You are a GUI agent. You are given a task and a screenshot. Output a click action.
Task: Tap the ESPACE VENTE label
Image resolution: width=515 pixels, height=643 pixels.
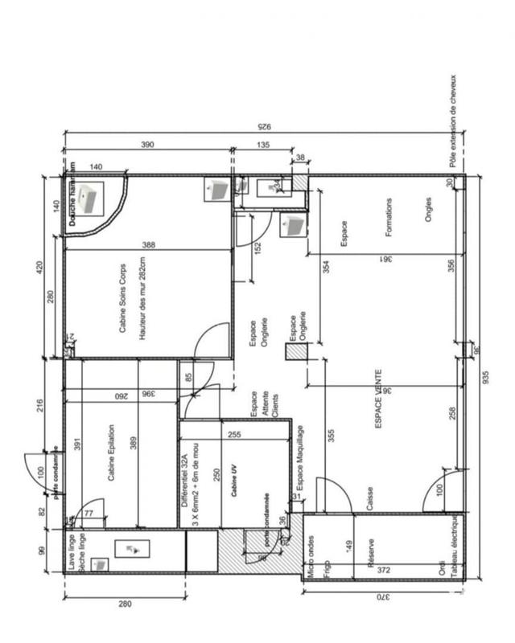(x=379, y=401)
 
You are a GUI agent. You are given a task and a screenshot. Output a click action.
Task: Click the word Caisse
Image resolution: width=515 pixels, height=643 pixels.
(x=369, y=493)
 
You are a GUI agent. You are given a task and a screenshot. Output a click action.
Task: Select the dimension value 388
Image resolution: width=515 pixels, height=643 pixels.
(x=147, y=244)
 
